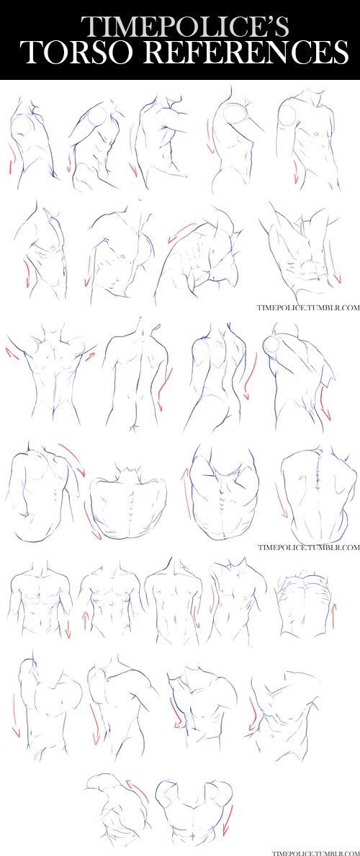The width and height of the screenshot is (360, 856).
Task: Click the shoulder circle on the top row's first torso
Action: point(22,129)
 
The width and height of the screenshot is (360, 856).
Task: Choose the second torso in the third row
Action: point(137,374)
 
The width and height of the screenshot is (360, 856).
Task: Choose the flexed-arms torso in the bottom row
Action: point(191,814)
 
